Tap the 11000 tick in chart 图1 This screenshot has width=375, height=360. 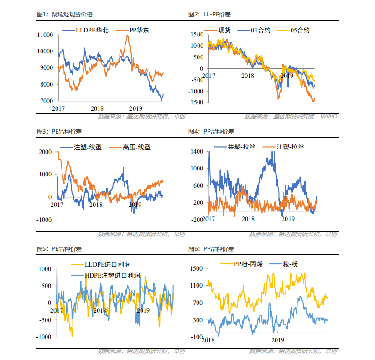tap(45, 35)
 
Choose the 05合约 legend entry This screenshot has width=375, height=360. tap(300, 30)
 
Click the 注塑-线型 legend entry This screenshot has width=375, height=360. tap(88, 147)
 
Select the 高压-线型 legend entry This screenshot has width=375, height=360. tap(136, 147)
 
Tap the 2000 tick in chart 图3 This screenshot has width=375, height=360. tap(47, 152)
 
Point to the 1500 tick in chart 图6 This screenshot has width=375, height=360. tap(196, 269)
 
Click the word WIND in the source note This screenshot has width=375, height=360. tap(328, 117)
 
